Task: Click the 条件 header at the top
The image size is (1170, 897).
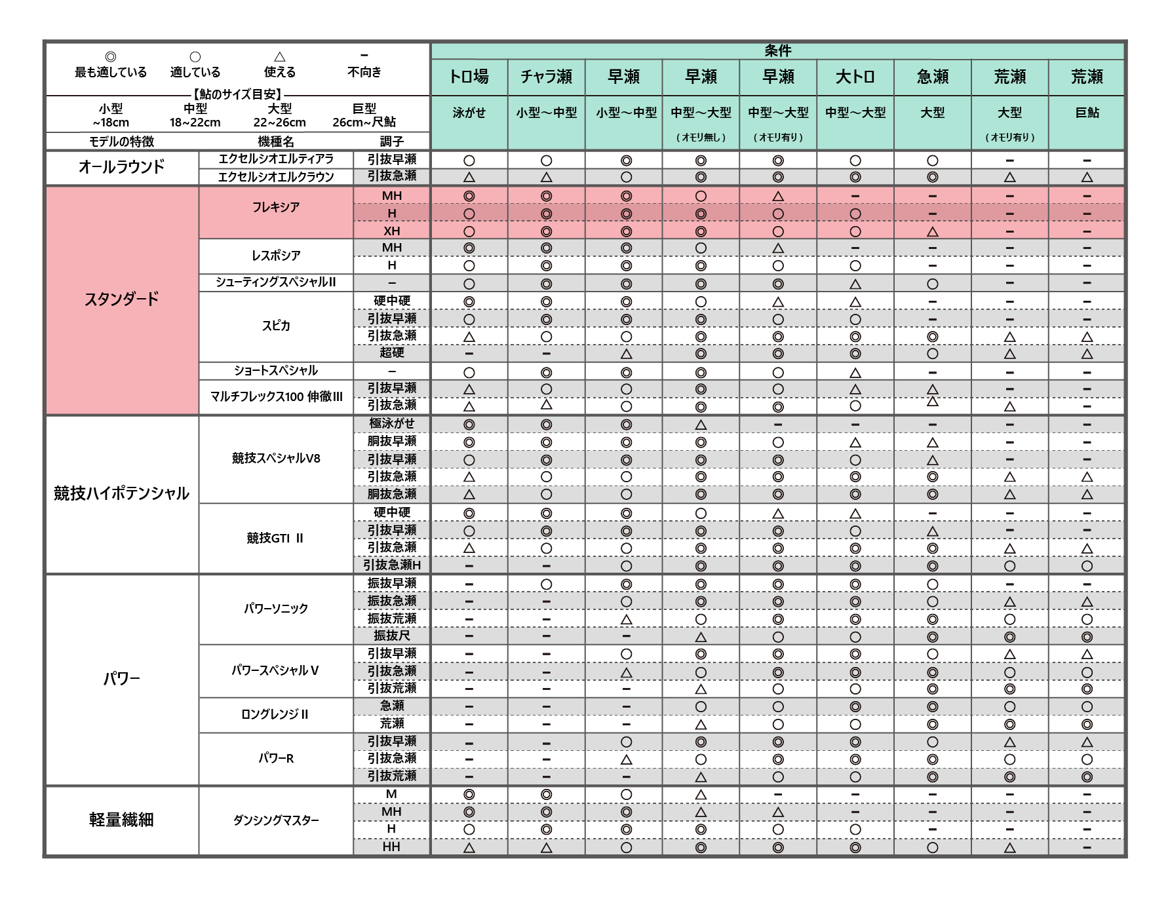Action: (x=777, y=51)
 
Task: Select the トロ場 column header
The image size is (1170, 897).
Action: (x=469, y=77)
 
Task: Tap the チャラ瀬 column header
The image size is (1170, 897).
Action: (x=546, y=77)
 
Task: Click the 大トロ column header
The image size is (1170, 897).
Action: (x=855, y=77)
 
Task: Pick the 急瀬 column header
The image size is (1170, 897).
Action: (x=932, y=77)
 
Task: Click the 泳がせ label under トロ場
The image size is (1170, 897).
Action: (x=469, y=113)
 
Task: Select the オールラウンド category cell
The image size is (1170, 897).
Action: (x=121, y=167)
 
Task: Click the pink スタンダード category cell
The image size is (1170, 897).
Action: (x=121, y=299)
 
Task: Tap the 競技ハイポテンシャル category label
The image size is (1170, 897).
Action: (x=121, y=493)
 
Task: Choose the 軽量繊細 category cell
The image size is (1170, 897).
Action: (x=121, y=820)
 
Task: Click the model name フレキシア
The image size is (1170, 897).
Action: (x=276, y=207)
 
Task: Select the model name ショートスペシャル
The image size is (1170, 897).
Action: (x=276, y=371)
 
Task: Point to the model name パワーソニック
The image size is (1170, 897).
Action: (x=276, y=609)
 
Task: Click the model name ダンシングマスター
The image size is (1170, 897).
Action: (x=276, y=820)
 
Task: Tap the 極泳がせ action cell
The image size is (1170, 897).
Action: (x=391, y=424)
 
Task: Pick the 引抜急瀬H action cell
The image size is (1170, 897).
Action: (x=391, y=565)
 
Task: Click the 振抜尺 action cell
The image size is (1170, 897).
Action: (x=391, y=636)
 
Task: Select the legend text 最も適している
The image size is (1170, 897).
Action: (x=111, y=72)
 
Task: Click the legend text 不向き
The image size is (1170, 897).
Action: (x=364, y=72)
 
